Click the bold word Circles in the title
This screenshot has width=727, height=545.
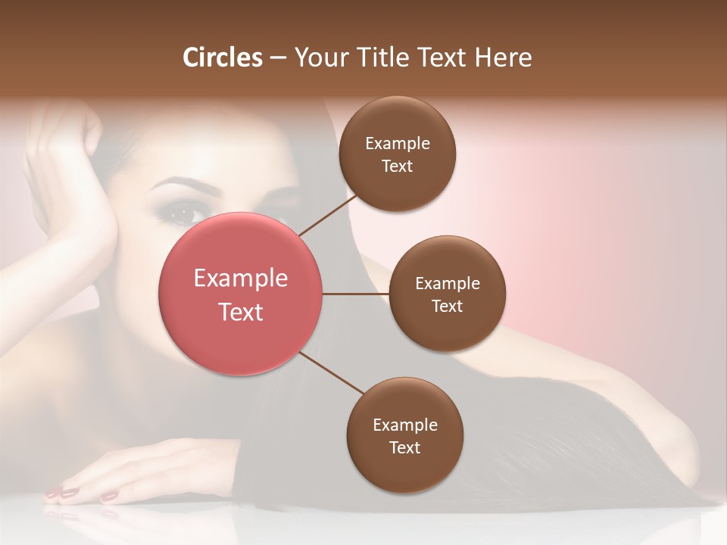click(223, 58)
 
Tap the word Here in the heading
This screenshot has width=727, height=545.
click(503, 58)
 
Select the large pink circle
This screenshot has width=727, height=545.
click(241, 294)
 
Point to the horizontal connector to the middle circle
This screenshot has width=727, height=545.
click(356, 294)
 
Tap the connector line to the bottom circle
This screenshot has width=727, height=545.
click(332, 375)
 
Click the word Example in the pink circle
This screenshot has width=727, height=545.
click(241, 279)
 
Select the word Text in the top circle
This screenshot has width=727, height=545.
click(397, 166)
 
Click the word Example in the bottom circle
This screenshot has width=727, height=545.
click(404, 425)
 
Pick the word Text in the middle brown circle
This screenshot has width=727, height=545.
click(447, 306)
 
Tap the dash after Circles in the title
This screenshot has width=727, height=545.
click(277, 58)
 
